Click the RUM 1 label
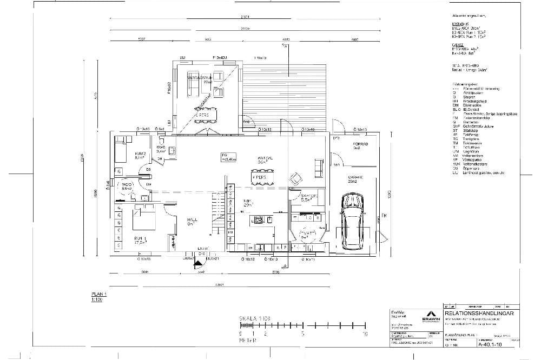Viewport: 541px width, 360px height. (x=141, y=239)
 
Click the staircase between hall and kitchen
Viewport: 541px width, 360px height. (x=217, y=214)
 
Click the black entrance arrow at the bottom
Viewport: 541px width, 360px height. (x=199, y=264)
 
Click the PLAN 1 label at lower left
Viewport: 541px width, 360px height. (x=99, y=294)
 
